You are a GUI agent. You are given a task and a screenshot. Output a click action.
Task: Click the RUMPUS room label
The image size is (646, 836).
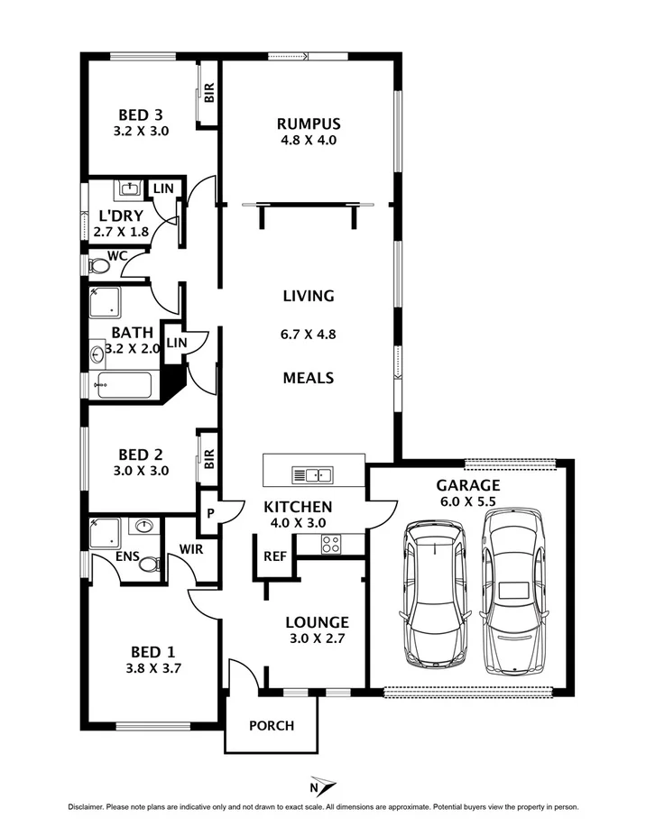tap(309, 124)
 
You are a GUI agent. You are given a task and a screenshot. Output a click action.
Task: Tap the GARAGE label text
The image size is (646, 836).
tap(468, 484)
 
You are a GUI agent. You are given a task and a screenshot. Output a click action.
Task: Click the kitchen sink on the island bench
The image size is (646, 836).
tap(312, 474)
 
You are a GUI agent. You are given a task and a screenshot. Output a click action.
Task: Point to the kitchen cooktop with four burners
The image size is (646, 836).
tap(330, 544)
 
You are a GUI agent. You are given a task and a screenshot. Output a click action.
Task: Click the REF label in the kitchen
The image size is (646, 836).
tap(274, 556)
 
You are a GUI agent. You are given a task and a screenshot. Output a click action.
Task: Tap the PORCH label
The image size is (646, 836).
tap(271, 725)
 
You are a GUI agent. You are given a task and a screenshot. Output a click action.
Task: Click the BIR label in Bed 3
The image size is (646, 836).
tap(209, 92)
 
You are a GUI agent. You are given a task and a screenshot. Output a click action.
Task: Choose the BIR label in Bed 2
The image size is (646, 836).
tap(208, 460)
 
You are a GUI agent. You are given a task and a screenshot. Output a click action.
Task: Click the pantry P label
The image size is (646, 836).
tap(209, 513)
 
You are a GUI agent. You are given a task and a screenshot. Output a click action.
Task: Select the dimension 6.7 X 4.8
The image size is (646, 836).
tap(309, 335)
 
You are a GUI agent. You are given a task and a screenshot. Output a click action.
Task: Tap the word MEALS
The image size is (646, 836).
tap(309, 378)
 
